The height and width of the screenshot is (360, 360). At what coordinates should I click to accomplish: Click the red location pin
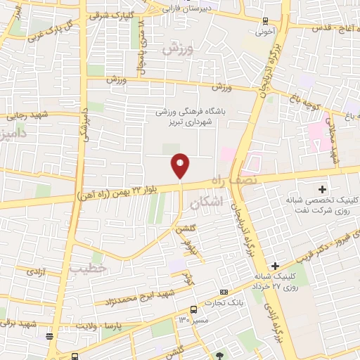(x=181, y=165)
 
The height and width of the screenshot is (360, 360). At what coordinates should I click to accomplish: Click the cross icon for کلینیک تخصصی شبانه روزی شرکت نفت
(x=323, y=189)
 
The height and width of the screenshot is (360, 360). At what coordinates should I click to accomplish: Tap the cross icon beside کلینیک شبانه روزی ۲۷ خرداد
(x=275, y=266)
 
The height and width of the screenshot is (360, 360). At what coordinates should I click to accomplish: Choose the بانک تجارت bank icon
(x=224, y=292)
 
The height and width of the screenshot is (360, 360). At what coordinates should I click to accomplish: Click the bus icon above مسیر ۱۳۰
(x=193, y=309)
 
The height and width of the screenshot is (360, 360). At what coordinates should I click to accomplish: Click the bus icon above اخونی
(x=264, y=21)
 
